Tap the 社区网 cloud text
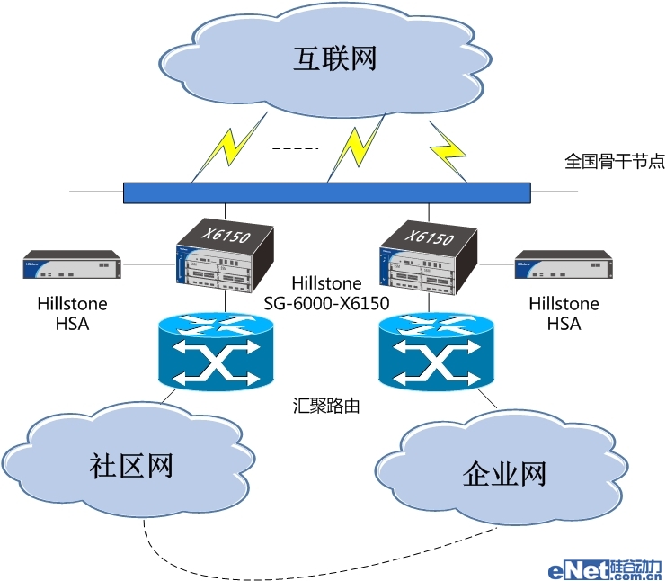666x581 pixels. [x=131, y=466]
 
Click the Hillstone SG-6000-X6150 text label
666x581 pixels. [x=326, y=294]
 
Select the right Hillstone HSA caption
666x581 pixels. [x=564, y=314]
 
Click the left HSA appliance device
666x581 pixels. [x=72, y=266]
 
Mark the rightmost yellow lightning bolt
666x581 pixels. [x=447, y=147]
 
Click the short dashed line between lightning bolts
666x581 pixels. [x=295, y=147]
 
